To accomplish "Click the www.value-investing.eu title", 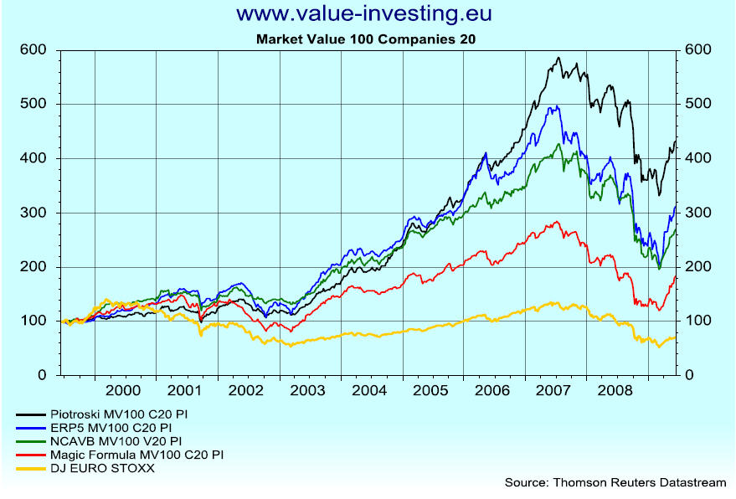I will [x=363, y=14].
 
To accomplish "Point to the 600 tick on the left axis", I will [x=32, y=49].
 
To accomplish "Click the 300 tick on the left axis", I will [x=32, y=213].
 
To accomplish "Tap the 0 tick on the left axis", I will [x=41, y=376].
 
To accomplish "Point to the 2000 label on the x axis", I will [x=124, y=391].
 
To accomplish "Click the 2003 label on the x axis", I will [x=308, y=391].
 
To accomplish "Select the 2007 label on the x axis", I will [x=554, y=391].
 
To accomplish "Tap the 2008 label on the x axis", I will [x=616, y=391].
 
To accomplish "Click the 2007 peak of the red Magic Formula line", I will [x=556, y=222].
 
